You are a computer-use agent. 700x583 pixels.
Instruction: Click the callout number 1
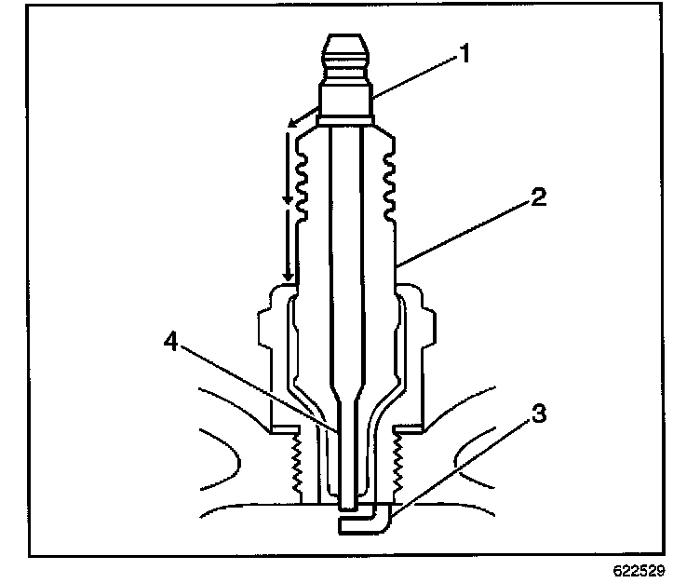pyautogui.click(x=460, y=55)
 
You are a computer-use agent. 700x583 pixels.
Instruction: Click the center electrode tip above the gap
pyautogui.click(x=345, y=503)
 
